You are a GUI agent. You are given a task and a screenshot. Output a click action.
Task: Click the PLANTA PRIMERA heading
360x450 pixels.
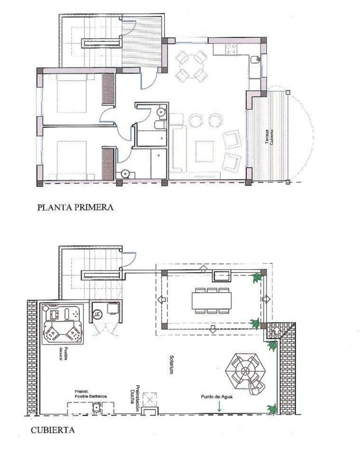[75, 208]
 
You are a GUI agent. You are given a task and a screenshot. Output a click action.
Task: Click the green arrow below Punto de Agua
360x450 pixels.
[219, 407]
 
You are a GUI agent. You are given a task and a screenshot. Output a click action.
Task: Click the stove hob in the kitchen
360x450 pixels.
[232, 48]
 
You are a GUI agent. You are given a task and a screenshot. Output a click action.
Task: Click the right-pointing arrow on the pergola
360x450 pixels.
[266, 300]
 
